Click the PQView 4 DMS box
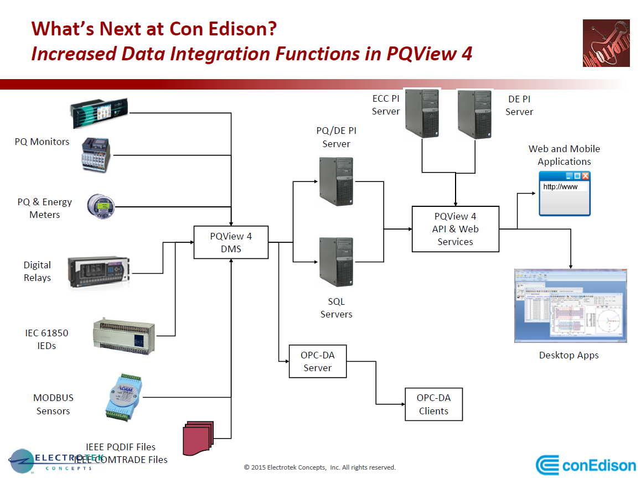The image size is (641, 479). [231, 242]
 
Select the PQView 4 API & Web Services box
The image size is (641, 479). [455, 229]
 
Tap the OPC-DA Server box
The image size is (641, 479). [317, 361]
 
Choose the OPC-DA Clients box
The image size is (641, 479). [433, 404]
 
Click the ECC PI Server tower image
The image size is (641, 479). [422, 113]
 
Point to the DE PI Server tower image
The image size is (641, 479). [475, 113]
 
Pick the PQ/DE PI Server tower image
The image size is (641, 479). [336, 181]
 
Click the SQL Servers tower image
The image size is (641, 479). [336, 261]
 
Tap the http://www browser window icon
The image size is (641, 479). [565, 193]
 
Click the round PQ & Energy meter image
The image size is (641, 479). [101, 206]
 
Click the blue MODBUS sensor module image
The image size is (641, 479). [124, 397]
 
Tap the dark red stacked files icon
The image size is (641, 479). [198, 437]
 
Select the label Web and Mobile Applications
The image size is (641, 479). [564, 155]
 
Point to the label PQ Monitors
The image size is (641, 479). [42, 142]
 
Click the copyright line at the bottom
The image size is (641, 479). [320, 467]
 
